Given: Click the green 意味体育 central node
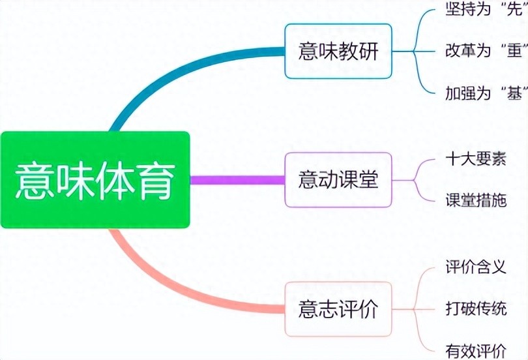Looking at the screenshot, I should click(95, 180).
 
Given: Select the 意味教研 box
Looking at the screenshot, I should click(338, 51).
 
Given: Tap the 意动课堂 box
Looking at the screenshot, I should click(338, 179).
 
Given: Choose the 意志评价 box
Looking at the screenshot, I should click(338, 309).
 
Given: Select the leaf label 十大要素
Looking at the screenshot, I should click(476, 158).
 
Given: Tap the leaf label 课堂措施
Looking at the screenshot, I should click(476, 200).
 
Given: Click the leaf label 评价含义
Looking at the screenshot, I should click(476, 267).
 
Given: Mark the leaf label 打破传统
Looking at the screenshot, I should click(476, 308).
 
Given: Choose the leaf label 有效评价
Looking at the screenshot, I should click(476, 350).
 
